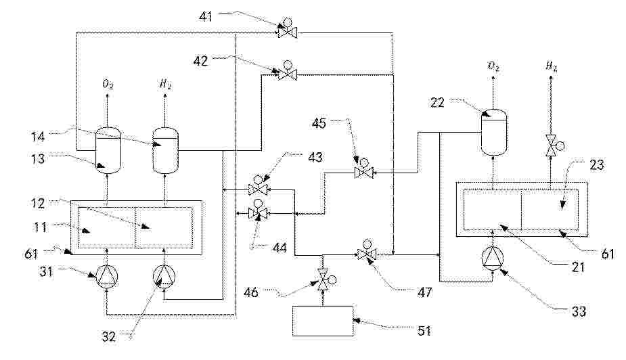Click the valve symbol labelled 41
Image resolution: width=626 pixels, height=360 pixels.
[287, 32]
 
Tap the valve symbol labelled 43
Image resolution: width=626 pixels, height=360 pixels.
[257, 188]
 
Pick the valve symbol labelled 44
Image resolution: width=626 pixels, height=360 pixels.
[257, 213]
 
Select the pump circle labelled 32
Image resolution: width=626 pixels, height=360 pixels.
[164, 275]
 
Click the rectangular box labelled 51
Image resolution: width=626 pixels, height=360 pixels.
[323, 320]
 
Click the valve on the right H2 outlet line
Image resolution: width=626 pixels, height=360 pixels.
[551, 143]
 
